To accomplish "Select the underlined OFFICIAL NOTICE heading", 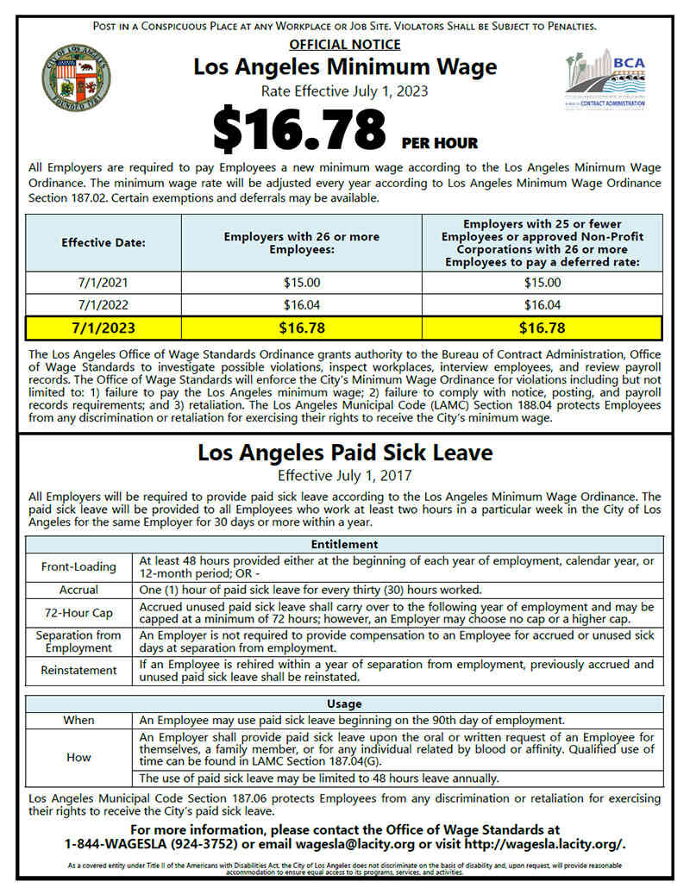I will click(x=345, y=44).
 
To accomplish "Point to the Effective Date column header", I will click(x=103, y=242).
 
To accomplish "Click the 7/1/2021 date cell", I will click(x=103, y=282).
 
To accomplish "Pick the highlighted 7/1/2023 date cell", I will click(x=103, y=328).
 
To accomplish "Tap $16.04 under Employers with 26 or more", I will click(x=301, y=304).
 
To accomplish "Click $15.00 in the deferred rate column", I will click(x=542, y=282).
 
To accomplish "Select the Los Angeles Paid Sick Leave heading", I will click(x=345, y=453).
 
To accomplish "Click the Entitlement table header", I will click(x=345, y=544).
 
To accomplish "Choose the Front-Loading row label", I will click(x=78, y=566).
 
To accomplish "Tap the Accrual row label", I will click(x=78, y=591).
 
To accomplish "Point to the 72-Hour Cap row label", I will click(x=78, y=613).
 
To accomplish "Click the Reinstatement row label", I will click(x=78, y=670).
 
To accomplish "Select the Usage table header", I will click(x=345, y=703).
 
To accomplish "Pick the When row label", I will click(x=78, y=720).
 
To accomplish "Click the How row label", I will click(x=78, y=757).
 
